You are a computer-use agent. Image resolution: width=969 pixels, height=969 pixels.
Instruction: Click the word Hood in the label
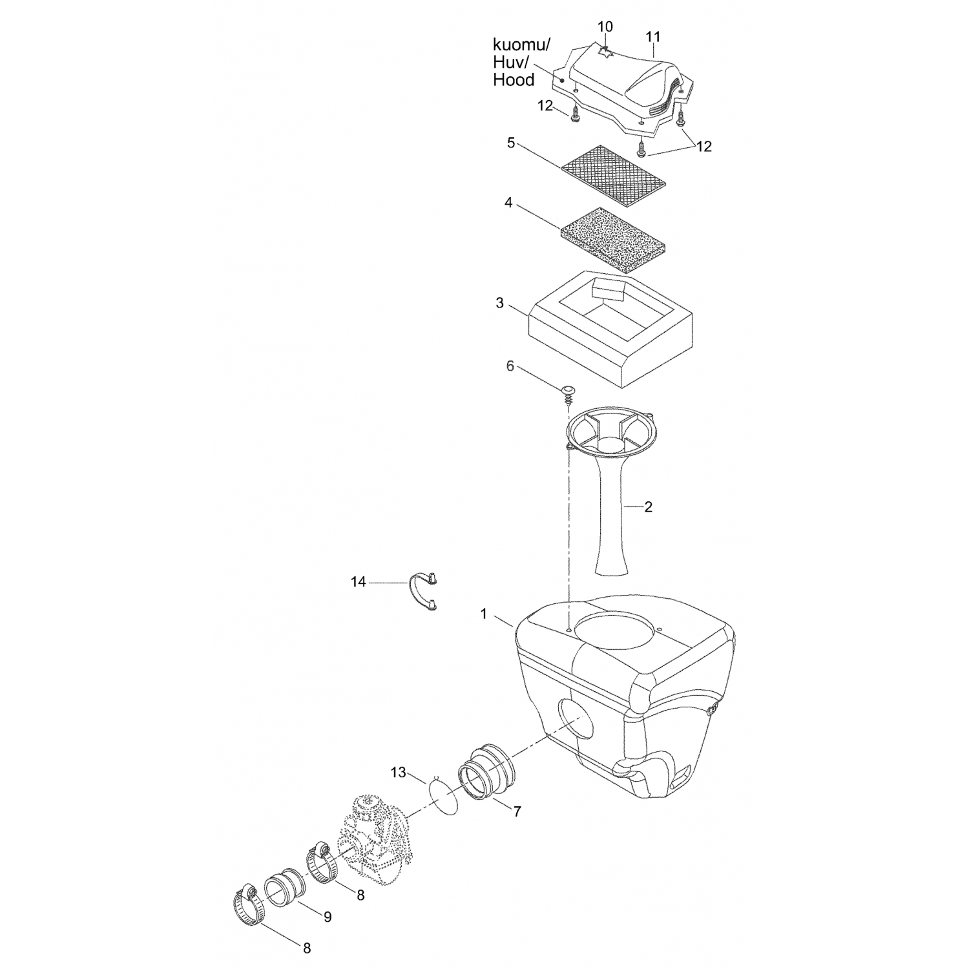pos(514,80)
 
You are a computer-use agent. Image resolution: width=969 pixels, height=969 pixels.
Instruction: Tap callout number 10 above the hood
pos(605,27)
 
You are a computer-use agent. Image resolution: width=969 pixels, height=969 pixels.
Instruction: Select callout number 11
pos(653,37)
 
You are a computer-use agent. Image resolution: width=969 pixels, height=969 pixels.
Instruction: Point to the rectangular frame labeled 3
pos(610,329)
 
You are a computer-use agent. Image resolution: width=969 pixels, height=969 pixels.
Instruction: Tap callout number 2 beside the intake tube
pos(648,507)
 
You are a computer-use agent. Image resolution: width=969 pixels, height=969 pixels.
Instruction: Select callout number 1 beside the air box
pos(484,614)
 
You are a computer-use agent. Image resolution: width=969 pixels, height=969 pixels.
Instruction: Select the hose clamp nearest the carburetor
pos(320,860)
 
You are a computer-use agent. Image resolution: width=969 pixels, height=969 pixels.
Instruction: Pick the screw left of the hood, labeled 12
pos(574,116)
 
